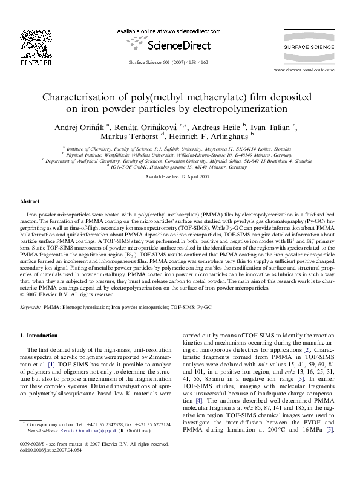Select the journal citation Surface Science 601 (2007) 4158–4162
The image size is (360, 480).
tap(163, 63)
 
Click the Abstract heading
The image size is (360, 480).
tap(30, 201)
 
